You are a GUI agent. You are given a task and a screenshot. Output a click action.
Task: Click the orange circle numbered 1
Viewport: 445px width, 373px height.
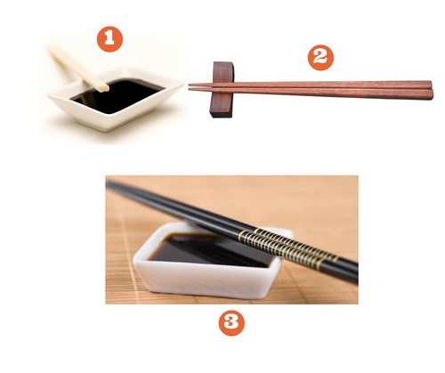pos(109,39)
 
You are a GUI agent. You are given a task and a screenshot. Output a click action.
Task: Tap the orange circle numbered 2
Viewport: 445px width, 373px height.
pos(320,58)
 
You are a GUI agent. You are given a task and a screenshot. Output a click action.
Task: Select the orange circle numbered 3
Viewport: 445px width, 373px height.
pos(231,323)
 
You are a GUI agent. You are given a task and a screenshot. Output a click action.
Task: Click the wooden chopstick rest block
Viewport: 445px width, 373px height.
pos(222,90)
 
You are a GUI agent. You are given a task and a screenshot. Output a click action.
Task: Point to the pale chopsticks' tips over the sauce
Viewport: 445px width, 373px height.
pos(103,86)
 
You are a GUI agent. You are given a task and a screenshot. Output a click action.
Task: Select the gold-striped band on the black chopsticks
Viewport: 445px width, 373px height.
pos(285,247)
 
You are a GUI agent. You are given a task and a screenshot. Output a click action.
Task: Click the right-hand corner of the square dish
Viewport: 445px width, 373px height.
pos(182,85)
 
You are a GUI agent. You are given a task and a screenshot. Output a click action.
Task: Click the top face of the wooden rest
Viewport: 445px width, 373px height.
pos(223,64)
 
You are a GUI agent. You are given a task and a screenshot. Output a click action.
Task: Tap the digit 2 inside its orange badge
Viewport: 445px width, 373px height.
pos(320,58)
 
